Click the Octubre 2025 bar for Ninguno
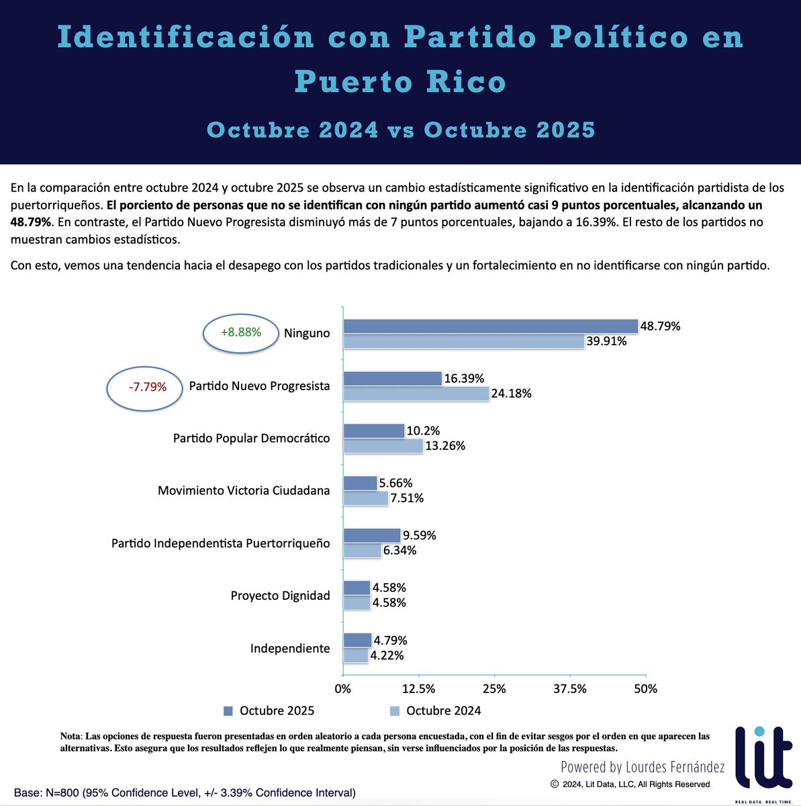point(490,326)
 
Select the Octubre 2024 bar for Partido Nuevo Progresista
point(416,394)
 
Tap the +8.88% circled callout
point(241,332)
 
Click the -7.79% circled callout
point(146,387)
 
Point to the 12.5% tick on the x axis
point(418,689)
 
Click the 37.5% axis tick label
point(570,689)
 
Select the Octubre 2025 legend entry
point(269,711)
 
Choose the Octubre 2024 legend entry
point(435,711)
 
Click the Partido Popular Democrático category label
point(251,439)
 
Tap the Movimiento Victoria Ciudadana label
point(244,491)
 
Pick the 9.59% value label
point(419,535)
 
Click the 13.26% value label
point(445,446)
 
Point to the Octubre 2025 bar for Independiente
point(357,640)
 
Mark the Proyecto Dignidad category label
point(280,596)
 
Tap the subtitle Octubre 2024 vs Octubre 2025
point(401,130)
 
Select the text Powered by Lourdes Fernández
point(643,767)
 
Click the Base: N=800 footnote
point(185,793)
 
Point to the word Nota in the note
point(70,737)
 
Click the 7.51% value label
point(407,498)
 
